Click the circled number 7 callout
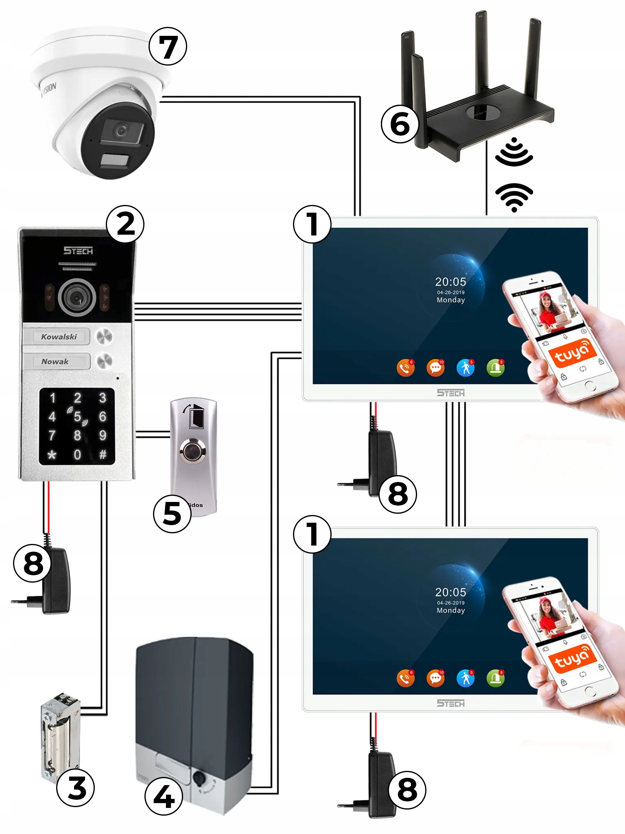(x=168, y=46)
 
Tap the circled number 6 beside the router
(x=400, y=124)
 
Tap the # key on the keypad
(x=103, y=454)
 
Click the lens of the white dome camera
(x=121, y=131)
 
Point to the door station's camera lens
(x=77, y=298)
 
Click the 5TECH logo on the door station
(x=78, y=251)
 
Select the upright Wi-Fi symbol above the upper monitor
(x=514, y=198)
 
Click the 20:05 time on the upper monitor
(x=450, y=282)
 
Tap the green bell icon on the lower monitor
(x=495, y=678)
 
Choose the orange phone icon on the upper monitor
(x=405, y=368)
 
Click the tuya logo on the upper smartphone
(x=572, y=352)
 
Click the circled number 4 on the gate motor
(x=164, y=796)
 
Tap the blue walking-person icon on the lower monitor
(x=465, y=678)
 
